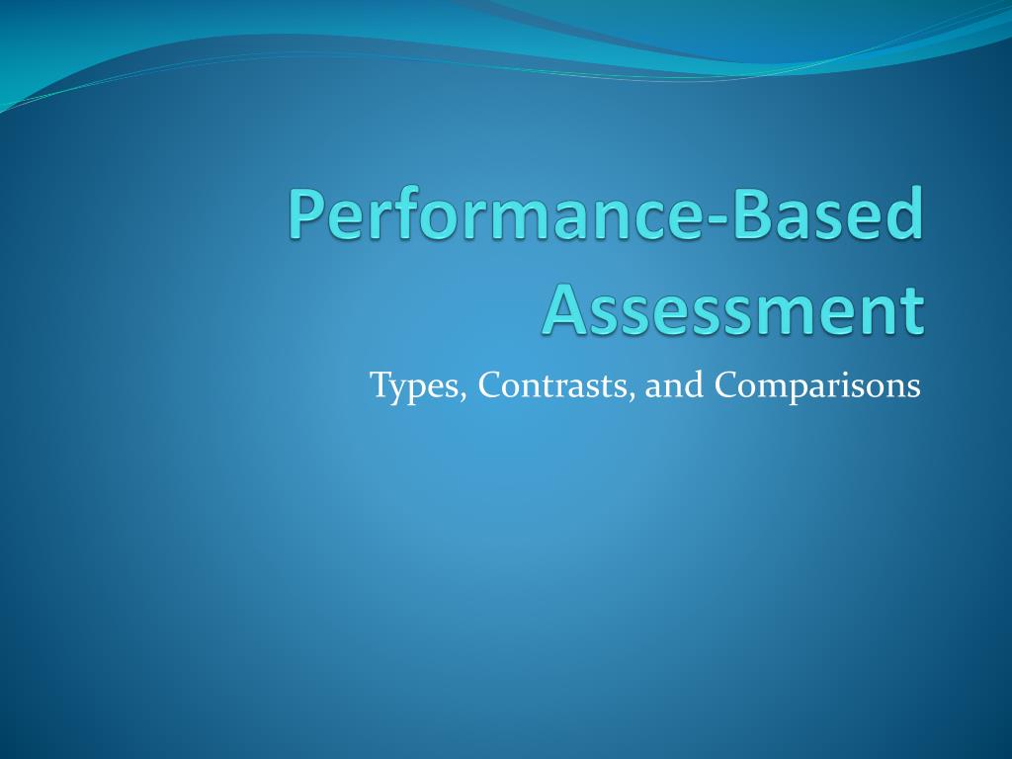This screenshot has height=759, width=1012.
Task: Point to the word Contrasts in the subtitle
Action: pos(555,384)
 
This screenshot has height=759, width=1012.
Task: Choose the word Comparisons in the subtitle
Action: pos(817,385)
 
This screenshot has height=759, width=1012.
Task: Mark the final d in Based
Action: pos(906,212)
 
